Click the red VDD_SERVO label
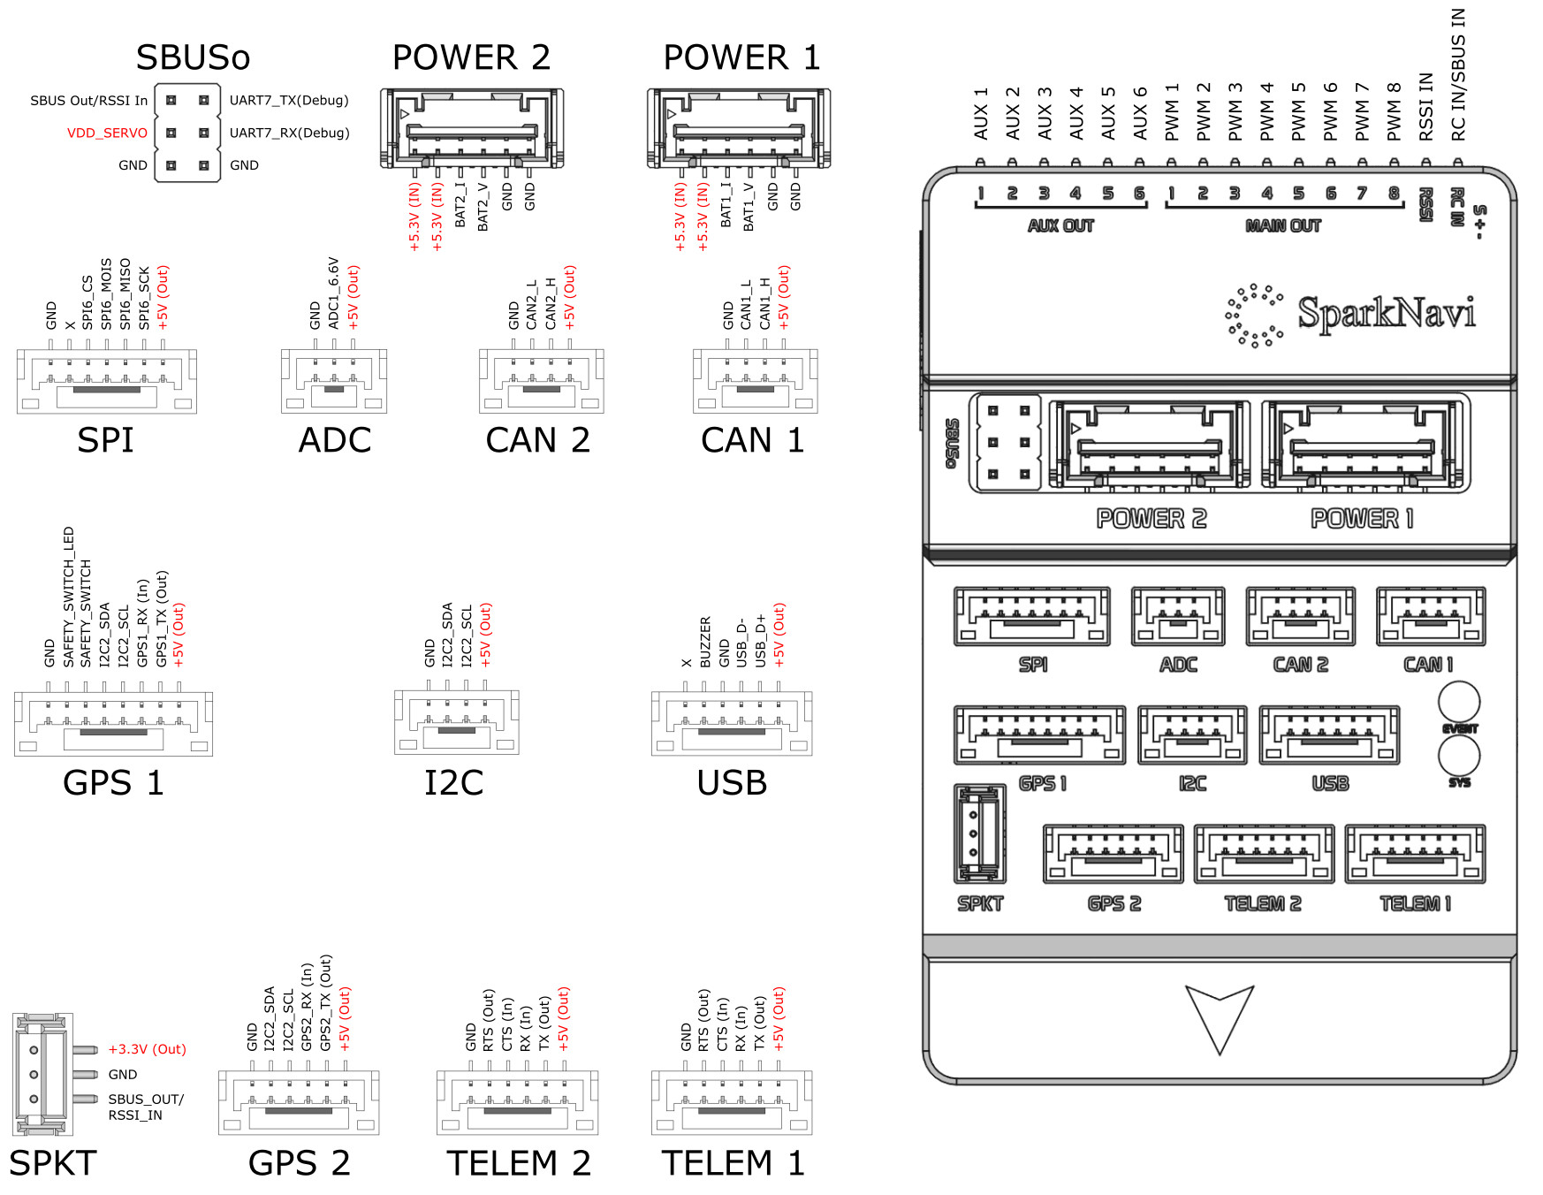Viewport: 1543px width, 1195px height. click(107, 133)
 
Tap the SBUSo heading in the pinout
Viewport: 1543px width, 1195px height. click(193, 57)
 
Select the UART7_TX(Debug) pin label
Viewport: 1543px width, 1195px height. click(289, 100)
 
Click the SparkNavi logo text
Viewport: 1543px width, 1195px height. click(1386, 313)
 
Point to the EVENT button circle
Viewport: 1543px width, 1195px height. click(1459, 702)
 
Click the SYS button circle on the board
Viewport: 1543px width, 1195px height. click(1459, 756)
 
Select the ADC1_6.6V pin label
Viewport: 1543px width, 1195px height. click(333, 293)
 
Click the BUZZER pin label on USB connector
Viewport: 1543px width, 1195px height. click(705, 642)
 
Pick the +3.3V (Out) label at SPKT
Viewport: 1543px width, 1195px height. click(147, 1049)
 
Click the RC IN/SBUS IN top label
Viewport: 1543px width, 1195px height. click(1458, 75)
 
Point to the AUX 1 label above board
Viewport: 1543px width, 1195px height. click(981, 114)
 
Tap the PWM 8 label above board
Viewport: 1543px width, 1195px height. click(1395, 111)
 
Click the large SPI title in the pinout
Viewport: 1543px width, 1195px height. click(105, 440)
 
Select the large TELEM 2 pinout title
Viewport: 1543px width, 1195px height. click(518, 1163)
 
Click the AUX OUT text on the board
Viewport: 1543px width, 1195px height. click(1060, 226)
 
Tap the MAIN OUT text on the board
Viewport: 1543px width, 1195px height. click(1282, 226)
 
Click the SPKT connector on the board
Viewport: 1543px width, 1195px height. click(980, 833)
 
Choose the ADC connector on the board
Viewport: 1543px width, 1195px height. click(1178, 616)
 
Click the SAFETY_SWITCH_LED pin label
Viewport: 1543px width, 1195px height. click(68, 597)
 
